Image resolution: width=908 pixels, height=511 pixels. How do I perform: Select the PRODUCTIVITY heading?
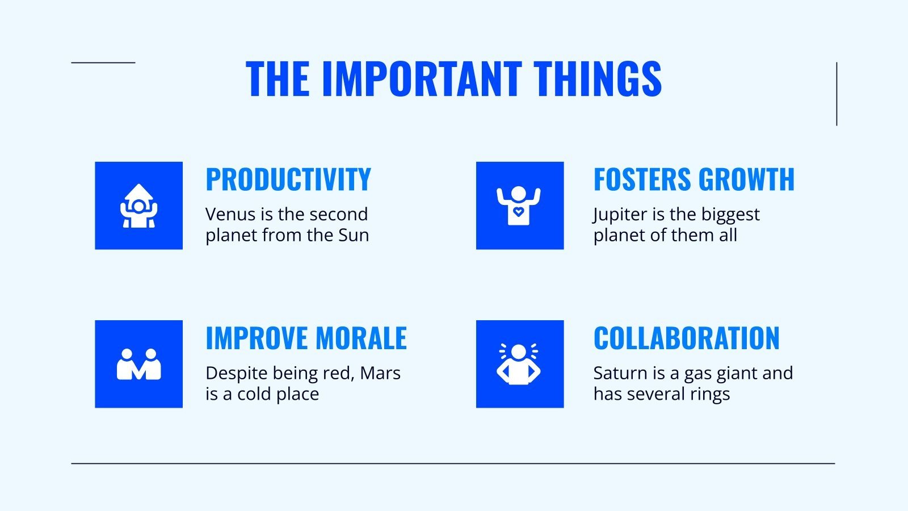(x=288, y=179)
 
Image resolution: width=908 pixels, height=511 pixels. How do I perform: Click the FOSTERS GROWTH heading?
(x=693, y=179)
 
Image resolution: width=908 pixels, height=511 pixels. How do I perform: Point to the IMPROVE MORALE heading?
(x=306, y=338)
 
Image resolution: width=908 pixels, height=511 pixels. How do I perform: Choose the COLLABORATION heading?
(x=686, y=338)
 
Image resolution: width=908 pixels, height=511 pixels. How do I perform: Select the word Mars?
(x=380, y=373)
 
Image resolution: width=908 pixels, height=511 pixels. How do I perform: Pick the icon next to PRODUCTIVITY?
(x=138, y=206)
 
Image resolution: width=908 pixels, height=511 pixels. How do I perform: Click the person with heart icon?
(x=519, y=206)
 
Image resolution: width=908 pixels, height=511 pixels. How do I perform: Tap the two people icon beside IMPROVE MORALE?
(x=138, y=364)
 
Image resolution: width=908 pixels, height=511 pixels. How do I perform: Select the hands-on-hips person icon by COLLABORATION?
(x=519, y=364)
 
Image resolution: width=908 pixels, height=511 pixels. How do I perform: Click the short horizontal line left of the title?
(x=103, y=62)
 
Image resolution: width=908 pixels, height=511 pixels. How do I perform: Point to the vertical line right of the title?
(x=836, y=94)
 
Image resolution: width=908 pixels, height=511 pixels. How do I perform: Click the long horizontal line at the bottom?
(x=453, y=463)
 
